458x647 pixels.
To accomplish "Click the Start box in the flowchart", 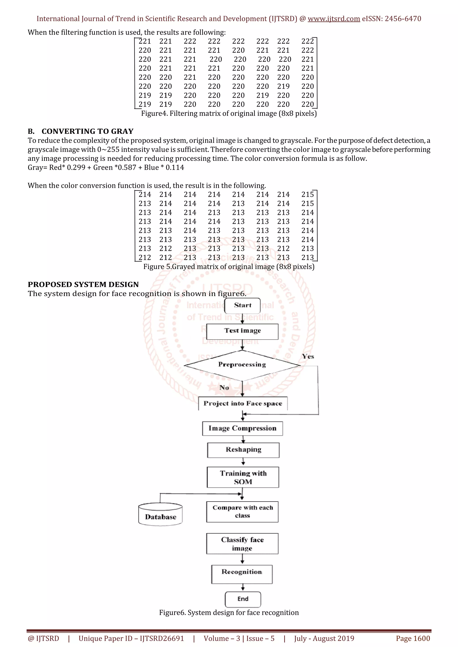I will pos(242,305).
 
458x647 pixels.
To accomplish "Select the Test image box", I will pos(242,331).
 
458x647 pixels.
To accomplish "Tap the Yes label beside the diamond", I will pos(308,357).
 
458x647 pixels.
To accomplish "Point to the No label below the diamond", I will pos(224,388).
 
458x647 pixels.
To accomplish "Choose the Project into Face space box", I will pos(243,403).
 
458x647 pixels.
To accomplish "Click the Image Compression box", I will pos(242,428).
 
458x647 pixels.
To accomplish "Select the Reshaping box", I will pos(243,450).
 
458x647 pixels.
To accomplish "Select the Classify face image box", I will pos(242,544).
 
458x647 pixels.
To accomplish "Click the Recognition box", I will pos(242,574).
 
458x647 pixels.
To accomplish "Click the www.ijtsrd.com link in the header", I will pos(334,19).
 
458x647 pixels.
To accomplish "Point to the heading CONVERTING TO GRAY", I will pos(87,131).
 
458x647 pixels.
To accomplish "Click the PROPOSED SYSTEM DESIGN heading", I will pos(83,284).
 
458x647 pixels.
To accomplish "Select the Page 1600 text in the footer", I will pos(413,638).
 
